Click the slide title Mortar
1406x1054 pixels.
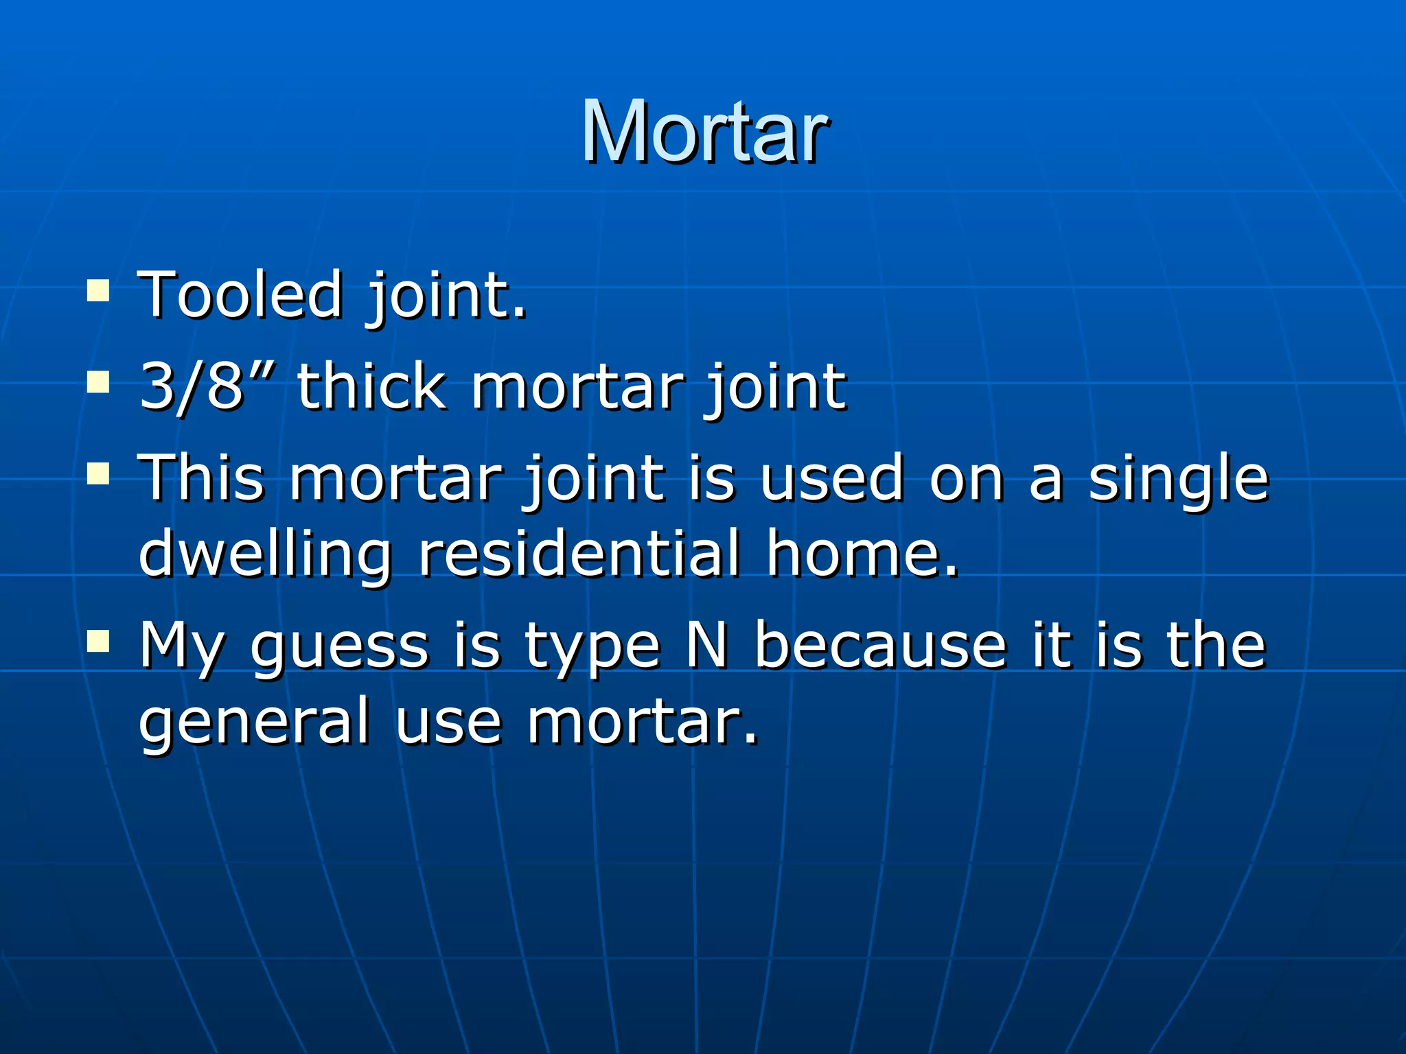[705, 131]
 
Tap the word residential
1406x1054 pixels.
[579, 552]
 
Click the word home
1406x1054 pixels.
[862, 552]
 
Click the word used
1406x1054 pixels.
[832, 478]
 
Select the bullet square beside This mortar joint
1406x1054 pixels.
[99, 473]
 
